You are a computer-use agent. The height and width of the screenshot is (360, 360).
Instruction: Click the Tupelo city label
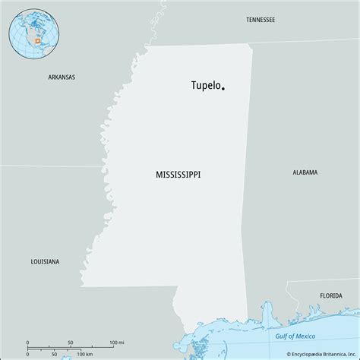(205, 85)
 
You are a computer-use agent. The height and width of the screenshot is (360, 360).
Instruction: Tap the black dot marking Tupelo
(223, 89)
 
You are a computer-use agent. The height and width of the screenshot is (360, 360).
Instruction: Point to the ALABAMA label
(305, 172)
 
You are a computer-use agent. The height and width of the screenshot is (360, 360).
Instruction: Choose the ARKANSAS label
(61, 77)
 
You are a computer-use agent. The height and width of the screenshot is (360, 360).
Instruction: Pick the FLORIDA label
(330, 294)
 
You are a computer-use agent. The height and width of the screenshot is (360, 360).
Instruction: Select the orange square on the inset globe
(35, 40)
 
